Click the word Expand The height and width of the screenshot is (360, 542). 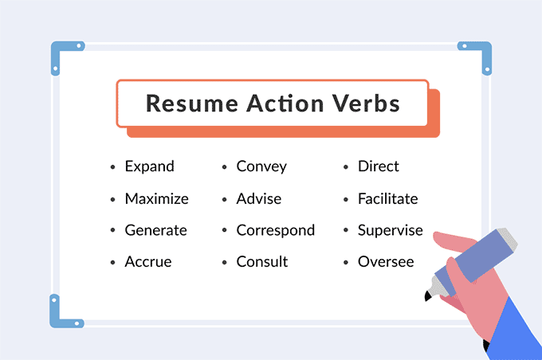pos(149,166)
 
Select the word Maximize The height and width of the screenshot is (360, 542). pos(156,198)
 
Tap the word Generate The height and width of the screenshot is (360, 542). pos(155,230)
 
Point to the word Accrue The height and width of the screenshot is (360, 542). pos(147,261)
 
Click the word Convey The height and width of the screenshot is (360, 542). pos(261,166)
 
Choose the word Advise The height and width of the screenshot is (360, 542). pos(258,198)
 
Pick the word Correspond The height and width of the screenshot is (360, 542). pos(275,230)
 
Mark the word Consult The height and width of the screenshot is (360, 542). pos(262,261)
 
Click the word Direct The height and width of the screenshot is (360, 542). pos(378,166)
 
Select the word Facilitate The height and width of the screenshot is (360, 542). pos(387,198)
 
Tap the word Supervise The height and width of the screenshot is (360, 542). pos(390,230)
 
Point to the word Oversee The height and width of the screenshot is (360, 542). pos(386,261)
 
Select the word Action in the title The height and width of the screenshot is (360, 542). pos(280,104)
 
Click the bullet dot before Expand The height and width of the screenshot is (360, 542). pos(112,167)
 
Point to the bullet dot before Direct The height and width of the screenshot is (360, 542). pos(346,167)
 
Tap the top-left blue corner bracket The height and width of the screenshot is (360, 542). pos(59,55)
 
